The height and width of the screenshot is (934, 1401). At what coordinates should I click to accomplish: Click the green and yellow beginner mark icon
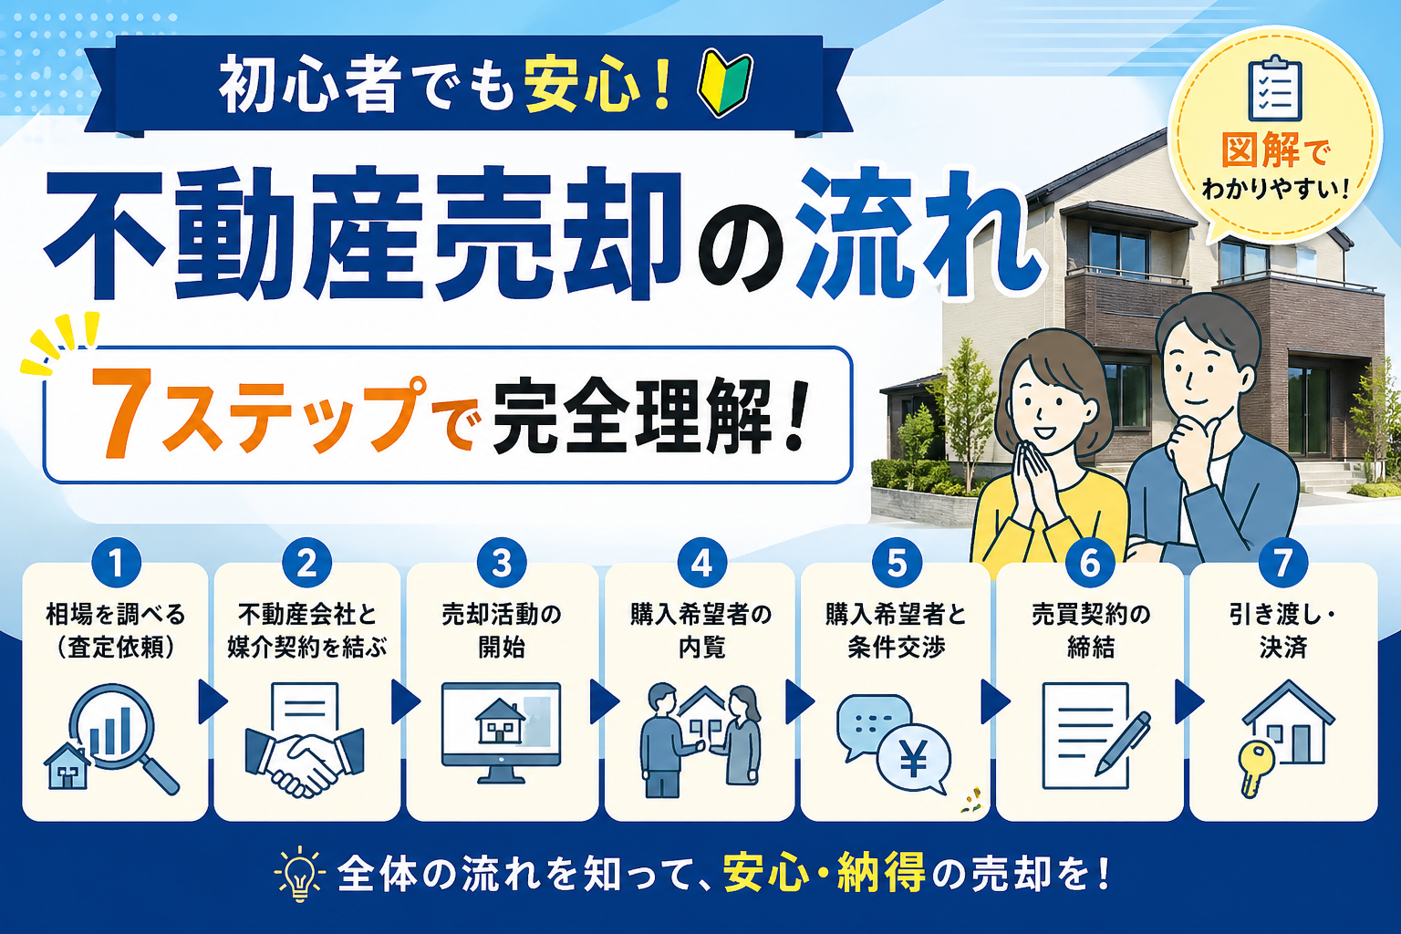(x=725, y=85)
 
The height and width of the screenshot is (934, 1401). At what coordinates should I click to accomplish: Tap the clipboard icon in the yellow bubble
(x=1274, y=88)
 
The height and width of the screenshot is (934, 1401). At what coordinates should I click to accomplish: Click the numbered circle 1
(x=116, y=563)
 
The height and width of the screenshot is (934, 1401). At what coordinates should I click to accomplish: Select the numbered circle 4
(x=701, y=563)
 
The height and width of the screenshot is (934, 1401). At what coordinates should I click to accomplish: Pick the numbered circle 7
(x=1282, y=563)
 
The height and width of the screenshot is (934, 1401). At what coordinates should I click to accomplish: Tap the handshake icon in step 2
(x=305, y=760)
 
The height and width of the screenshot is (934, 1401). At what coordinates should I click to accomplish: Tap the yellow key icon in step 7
(x=1255, y=767)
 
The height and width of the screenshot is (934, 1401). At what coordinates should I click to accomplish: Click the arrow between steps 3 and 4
(x=602, y=701)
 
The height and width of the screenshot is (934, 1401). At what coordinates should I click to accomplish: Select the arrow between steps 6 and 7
(x=1187, y=701)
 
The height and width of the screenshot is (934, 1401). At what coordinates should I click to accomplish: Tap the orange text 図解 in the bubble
(x=1261, y=150)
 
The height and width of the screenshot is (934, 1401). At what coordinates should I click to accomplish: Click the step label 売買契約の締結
(x=1091, y=630)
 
